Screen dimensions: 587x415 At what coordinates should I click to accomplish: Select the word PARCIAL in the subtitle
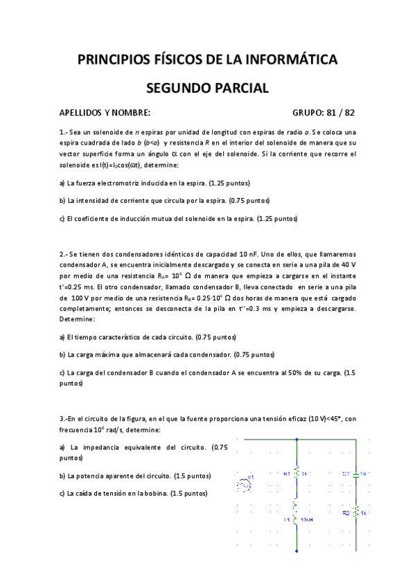coord(242,88)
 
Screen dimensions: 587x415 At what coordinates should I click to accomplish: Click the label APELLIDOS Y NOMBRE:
coord(105,113)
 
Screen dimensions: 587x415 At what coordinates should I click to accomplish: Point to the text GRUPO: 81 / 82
coord(324,113)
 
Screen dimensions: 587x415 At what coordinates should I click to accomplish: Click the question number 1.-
coord(64,132)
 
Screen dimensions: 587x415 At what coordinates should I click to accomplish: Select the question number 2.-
coord(64,253)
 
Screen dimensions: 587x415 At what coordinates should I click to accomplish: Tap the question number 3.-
coord(64,418)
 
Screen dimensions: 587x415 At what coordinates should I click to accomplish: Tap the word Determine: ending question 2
coord(78,320)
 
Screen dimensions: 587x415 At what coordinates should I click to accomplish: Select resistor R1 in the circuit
coord(297,473)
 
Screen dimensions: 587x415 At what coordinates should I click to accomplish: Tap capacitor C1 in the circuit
coord(355,474)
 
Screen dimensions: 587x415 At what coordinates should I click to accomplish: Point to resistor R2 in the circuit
coord(355,513)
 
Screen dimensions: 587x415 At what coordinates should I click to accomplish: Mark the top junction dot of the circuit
coord(297,439)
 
